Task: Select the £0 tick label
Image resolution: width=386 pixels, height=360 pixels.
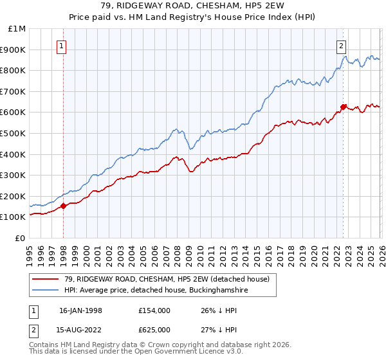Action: click(20, 238)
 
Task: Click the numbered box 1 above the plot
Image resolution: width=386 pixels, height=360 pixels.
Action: click(62, 46)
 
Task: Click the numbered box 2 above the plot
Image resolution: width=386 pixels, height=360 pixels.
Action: click(340, 46)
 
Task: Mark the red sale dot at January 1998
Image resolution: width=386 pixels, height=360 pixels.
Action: click(64, 206)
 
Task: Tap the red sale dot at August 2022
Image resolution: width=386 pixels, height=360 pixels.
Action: click(344, 107)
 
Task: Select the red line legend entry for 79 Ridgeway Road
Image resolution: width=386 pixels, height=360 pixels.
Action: click(161, 278)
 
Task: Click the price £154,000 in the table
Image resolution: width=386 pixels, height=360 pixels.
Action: click(154, 310)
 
